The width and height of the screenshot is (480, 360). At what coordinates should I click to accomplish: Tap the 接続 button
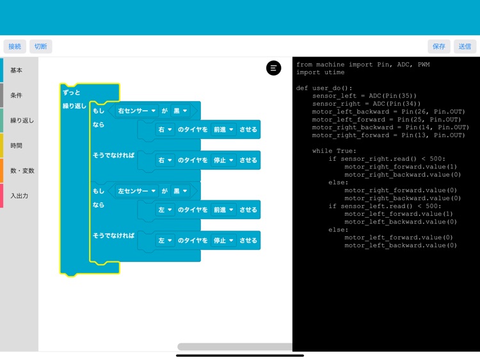pyautogui.click(x=15, y=46)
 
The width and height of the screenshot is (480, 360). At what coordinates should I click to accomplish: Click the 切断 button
pyautogui.click(x=40, y=46)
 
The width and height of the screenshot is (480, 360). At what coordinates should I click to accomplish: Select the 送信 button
pyautogui.click(x=465, y=46)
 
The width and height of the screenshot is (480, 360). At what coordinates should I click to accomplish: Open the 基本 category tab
pyautogui.click(x=17, y=70)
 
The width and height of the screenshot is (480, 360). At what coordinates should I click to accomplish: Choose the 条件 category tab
pyautogui.click(x=17, y=95)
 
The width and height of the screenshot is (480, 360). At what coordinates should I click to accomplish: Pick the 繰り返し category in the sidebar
pyautogui.click(x=22, y=120)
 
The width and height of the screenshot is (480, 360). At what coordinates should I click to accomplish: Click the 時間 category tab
pyautogui.click(x=17, y=145)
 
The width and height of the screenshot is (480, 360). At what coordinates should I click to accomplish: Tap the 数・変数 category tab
pyautogui.click(x=22, y=170)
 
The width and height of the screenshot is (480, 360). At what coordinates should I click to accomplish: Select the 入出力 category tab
pyautogui.click(x=19, y=195)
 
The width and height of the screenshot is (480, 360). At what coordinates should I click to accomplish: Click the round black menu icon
pyautogui.click(x=273, y=68)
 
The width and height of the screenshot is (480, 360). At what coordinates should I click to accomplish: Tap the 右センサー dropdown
pyautogui.click(x=136, y=111)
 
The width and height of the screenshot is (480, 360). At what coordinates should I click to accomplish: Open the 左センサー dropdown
pyautogui.click(x=136, y=191)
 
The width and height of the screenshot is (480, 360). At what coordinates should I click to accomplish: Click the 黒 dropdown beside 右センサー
pyautogui.click(x=180, y=111)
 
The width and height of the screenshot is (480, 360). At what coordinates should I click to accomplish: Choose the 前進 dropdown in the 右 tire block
pyautogui.click(x=223, y=129)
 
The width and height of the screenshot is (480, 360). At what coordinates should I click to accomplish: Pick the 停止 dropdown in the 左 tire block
pyautogui.click(x=223, y=240)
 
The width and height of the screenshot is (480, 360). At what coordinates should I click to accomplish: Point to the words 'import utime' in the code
pyautogui.click(x=320, y=72)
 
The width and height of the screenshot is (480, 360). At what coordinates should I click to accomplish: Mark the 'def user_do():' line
pyautogui.click(x=324, y=88)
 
